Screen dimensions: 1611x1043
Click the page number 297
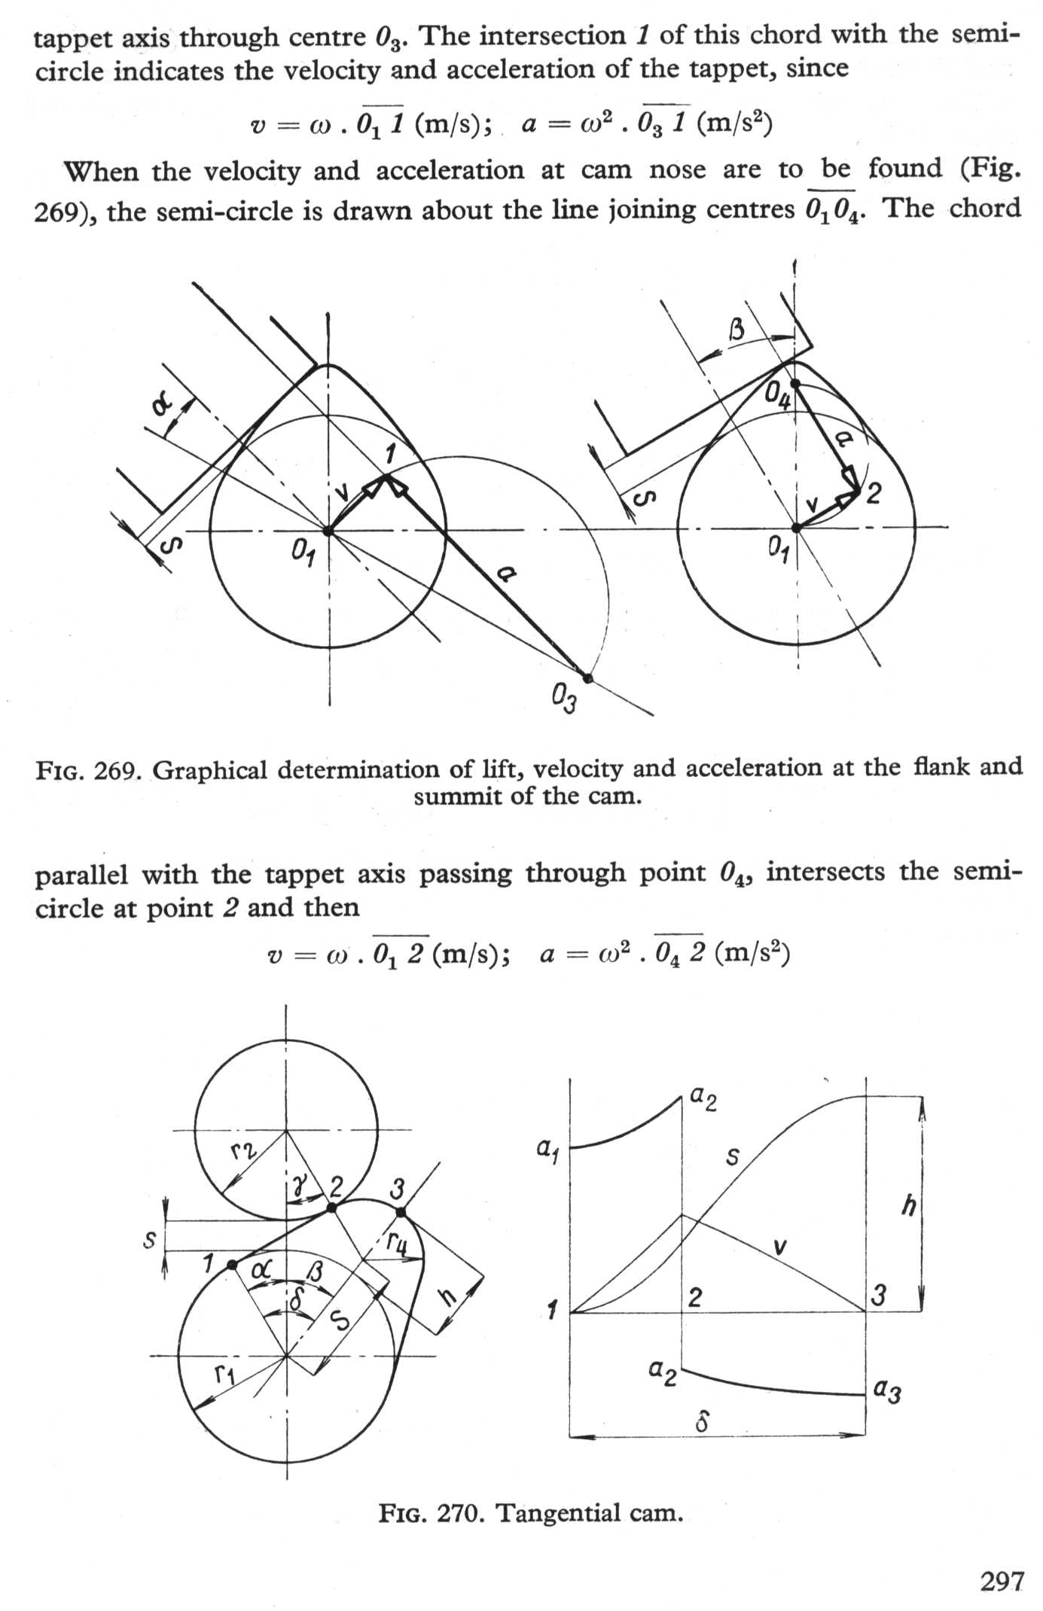1002,1581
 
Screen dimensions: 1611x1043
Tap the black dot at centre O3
589,678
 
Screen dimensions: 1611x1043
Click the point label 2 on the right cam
874,494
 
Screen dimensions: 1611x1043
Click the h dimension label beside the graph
909,1206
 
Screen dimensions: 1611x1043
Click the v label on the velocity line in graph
781,1247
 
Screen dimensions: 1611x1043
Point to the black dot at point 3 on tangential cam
401,1212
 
